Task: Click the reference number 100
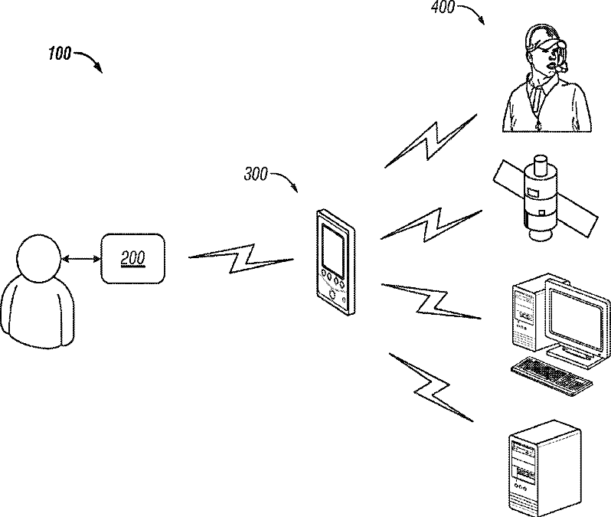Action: (60, 54)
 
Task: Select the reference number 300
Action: (256, 174)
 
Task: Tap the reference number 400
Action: (443, 7)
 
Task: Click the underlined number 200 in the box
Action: (133, 258)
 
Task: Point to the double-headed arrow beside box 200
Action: (80, 258)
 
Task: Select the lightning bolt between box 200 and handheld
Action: (241, 259)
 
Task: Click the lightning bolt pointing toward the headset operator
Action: (431, 141)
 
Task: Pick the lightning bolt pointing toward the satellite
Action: (431, 224)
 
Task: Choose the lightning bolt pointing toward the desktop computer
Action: (431, 300)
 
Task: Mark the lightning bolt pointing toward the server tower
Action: (431, 387)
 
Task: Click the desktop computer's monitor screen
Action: (576, 316)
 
